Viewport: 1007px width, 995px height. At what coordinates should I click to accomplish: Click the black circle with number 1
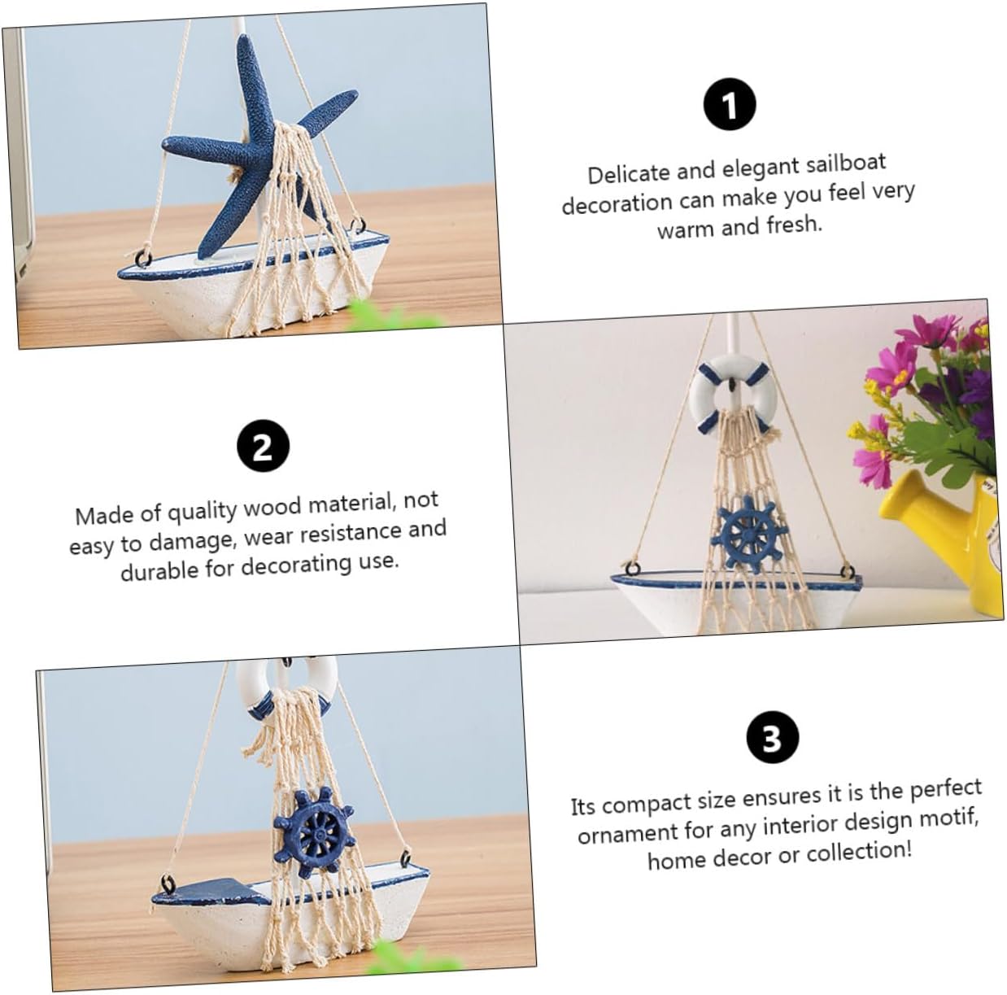730,105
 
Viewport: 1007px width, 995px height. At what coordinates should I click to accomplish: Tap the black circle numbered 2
263,447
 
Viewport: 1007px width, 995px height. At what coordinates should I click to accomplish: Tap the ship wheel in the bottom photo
314,834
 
